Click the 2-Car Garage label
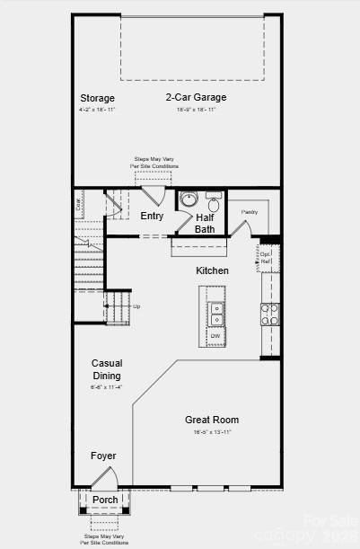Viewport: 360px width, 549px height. [x=196, y=97]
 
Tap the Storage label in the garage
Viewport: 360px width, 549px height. [x=97, y=98]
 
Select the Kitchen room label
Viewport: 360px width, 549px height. [x=213, y=270]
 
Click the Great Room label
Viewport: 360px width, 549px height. [x=212, y=420]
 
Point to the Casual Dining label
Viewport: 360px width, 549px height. [x=107, y=369]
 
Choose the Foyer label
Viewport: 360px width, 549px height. [x=103, y=456]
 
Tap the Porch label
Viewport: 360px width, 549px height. [x=105, y=500]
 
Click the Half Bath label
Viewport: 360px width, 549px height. [x=205, y=223]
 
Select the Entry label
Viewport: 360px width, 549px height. [x=152, y=216]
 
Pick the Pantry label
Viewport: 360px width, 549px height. [x=249, y=212]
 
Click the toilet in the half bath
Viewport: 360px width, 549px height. [x=214, y=202]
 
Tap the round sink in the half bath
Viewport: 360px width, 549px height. [x=189, y=199]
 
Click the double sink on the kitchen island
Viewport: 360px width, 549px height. [x=216, y=313]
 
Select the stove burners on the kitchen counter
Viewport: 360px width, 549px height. [x=269, y=314]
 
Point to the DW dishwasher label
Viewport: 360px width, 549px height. [x=215, y=336]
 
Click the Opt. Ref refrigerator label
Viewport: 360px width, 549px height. [x=266, y=258]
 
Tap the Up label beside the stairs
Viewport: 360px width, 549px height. [x=136, y=306]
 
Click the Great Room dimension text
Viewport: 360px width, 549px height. [x=213, y=432]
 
